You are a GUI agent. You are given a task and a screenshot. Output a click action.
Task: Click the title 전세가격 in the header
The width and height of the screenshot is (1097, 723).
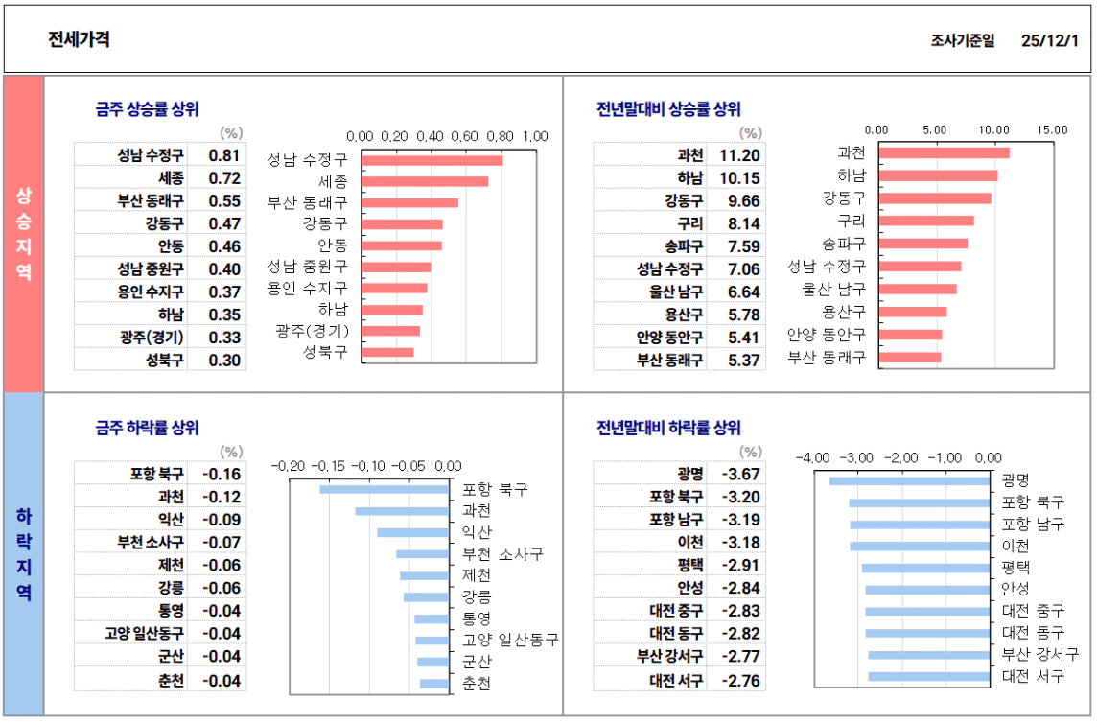click(x=79, y=39)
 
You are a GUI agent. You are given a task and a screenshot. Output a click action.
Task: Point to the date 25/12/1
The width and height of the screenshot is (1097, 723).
click(x=1050, y=40)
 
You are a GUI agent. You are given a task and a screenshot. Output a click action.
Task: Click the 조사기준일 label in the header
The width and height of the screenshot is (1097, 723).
click(x=962, y=40)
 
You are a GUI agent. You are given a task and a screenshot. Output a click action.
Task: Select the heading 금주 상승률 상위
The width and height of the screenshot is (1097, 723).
click(x=147, y=109)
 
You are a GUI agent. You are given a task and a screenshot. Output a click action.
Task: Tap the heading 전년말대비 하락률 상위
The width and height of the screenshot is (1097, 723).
click(x=668, y=428)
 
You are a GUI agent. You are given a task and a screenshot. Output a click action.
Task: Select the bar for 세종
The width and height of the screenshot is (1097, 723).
click(x=425, y=181)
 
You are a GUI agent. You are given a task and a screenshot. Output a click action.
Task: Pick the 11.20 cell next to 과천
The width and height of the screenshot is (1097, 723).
click(x=739, y=155)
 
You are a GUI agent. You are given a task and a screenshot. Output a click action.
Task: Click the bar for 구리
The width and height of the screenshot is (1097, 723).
click(x=926, y=221)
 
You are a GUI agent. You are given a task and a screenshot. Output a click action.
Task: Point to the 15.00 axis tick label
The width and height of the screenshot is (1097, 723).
click(x=1052, y=129)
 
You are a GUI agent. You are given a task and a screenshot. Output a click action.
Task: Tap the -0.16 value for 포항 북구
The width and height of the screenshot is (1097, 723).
click(x=222, y=474)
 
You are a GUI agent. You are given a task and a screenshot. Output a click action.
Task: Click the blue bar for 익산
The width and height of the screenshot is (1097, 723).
click(x=413, y=532)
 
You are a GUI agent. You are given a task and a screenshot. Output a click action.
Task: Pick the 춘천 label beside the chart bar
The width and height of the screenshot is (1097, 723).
click(x=477, y=684)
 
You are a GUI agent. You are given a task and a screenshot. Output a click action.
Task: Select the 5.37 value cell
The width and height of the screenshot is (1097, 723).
click(x=743, y=361)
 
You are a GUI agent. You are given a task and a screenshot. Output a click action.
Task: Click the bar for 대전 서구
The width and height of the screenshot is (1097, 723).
click(x=929, y=677)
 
